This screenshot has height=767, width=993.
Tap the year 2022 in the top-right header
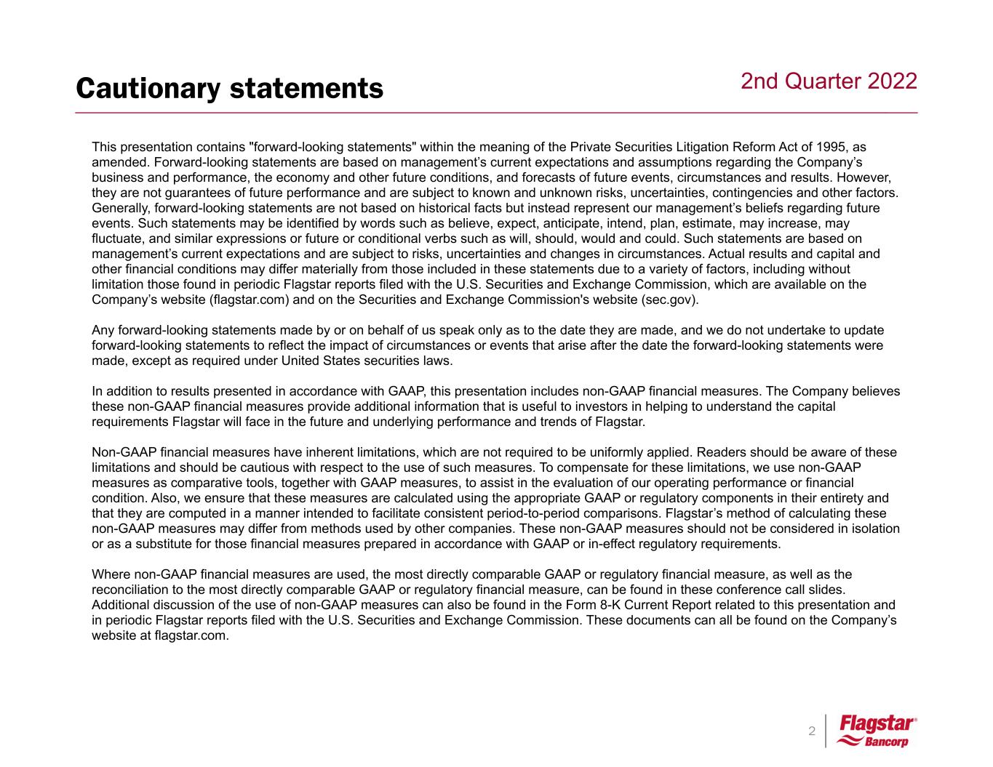893,81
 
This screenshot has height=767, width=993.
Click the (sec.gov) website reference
668,300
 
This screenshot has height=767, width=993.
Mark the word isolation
873,529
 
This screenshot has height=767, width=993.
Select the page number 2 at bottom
812,731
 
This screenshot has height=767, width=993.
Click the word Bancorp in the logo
887,742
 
